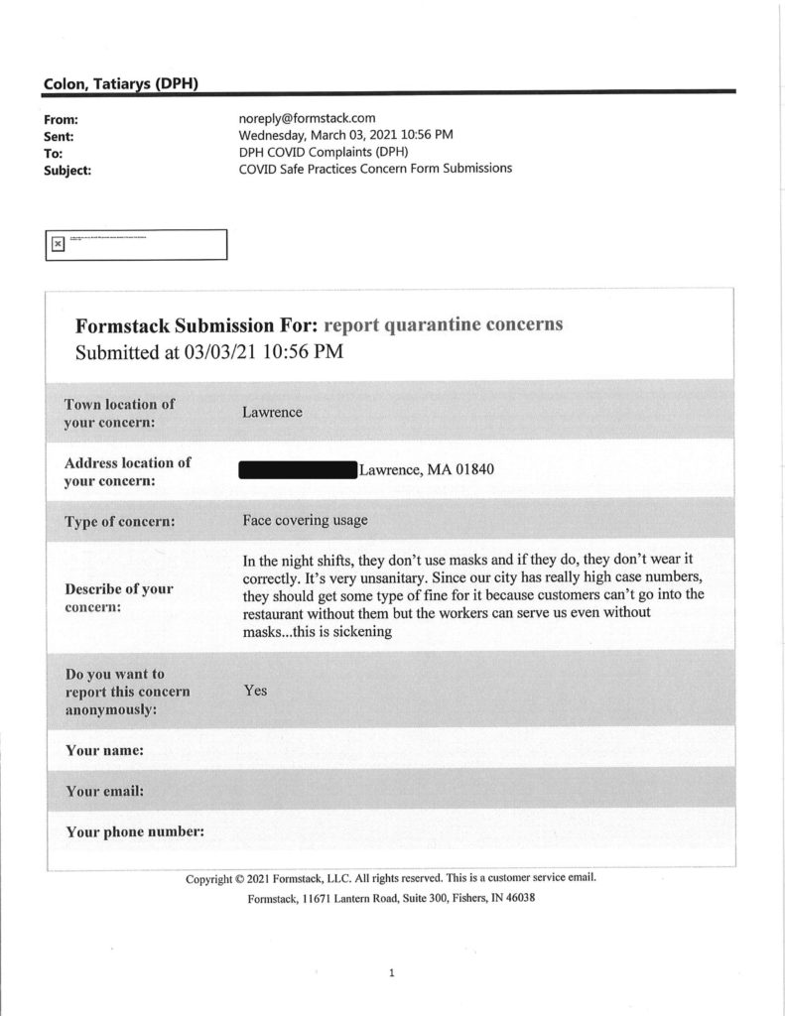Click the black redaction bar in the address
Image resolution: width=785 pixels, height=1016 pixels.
[x=297, y=470]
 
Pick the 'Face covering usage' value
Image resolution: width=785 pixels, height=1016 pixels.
[x=305, y=519]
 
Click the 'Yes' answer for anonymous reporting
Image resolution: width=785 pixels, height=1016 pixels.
[x=255, y=691]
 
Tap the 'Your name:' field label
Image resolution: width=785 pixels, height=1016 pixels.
[x=105, y=751]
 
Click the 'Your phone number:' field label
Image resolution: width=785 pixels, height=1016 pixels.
[x=135, y=831]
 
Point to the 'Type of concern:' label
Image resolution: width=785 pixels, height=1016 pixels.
[x=120, y=522]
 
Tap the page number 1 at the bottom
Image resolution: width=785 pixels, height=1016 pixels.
[x=392, y=973]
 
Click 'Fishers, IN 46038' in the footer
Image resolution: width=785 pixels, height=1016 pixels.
[x=480, y=898]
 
